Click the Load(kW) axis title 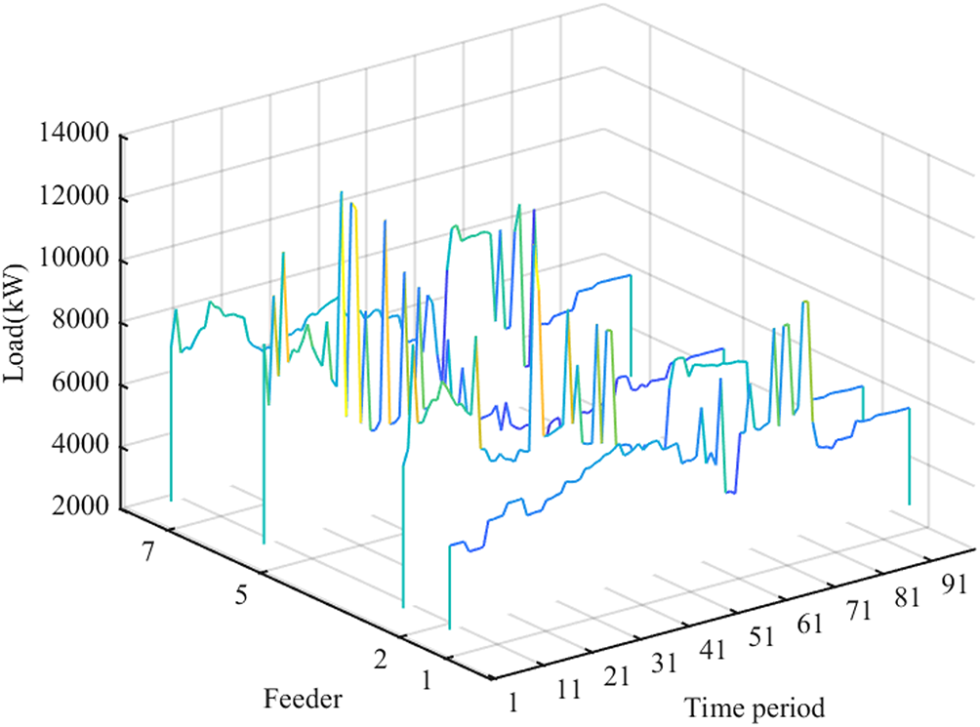[20, 323]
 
